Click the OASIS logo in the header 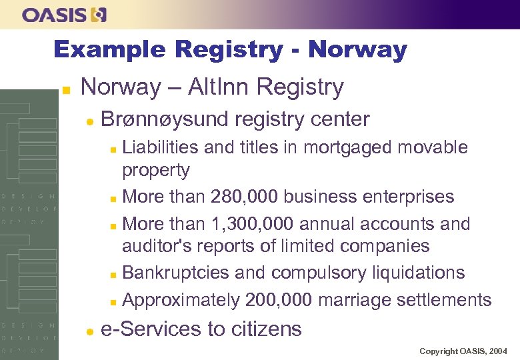click(63, 15)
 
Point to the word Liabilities click(160, 147)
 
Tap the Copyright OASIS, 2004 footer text click(463, 351)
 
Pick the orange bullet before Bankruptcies click(115, 274)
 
